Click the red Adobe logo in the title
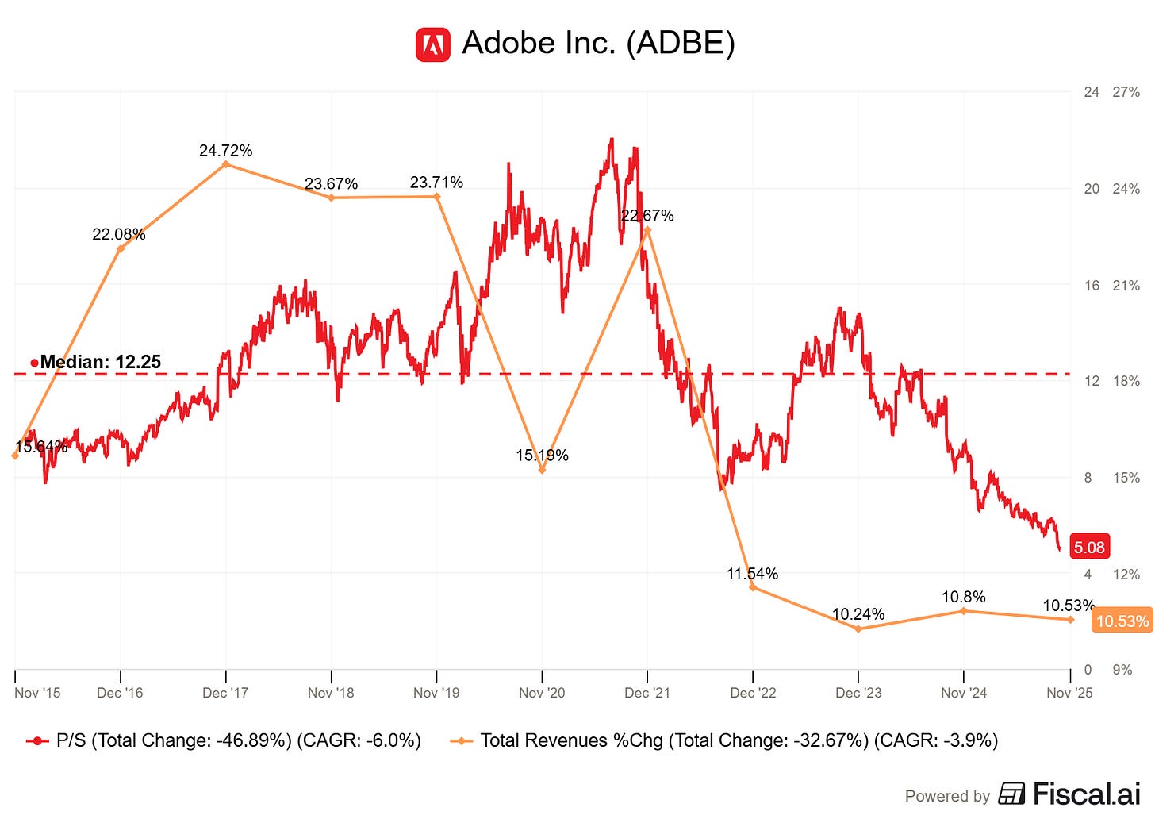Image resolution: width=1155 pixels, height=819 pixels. point(433,44)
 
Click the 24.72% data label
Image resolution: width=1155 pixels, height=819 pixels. point(226,151)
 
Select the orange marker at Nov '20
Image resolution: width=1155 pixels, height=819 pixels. point(542,471)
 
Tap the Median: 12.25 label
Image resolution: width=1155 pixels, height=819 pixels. point(100,363)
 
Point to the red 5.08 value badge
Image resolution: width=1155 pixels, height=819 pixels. point(1089,548)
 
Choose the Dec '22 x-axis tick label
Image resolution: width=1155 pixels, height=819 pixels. point(753,693)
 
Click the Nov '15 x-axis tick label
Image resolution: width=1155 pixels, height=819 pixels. point(37,693)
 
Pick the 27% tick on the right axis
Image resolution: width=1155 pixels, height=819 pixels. point(1126,92)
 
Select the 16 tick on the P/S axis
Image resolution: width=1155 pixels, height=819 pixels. point(1092,286)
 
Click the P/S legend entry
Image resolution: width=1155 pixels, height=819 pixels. point(224,741)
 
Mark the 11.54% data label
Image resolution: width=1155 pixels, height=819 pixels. point(752,574)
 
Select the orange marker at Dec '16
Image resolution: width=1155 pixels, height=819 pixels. point(121,249)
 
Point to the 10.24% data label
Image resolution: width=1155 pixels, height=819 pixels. point(858,614)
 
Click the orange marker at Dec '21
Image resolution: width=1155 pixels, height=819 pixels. point(648,230)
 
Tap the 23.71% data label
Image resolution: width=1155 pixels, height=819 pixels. point(436,183)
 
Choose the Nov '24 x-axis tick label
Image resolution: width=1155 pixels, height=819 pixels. point(964,693)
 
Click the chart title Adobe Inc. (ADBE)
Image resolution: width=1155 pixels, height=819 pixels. point(598,43)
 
